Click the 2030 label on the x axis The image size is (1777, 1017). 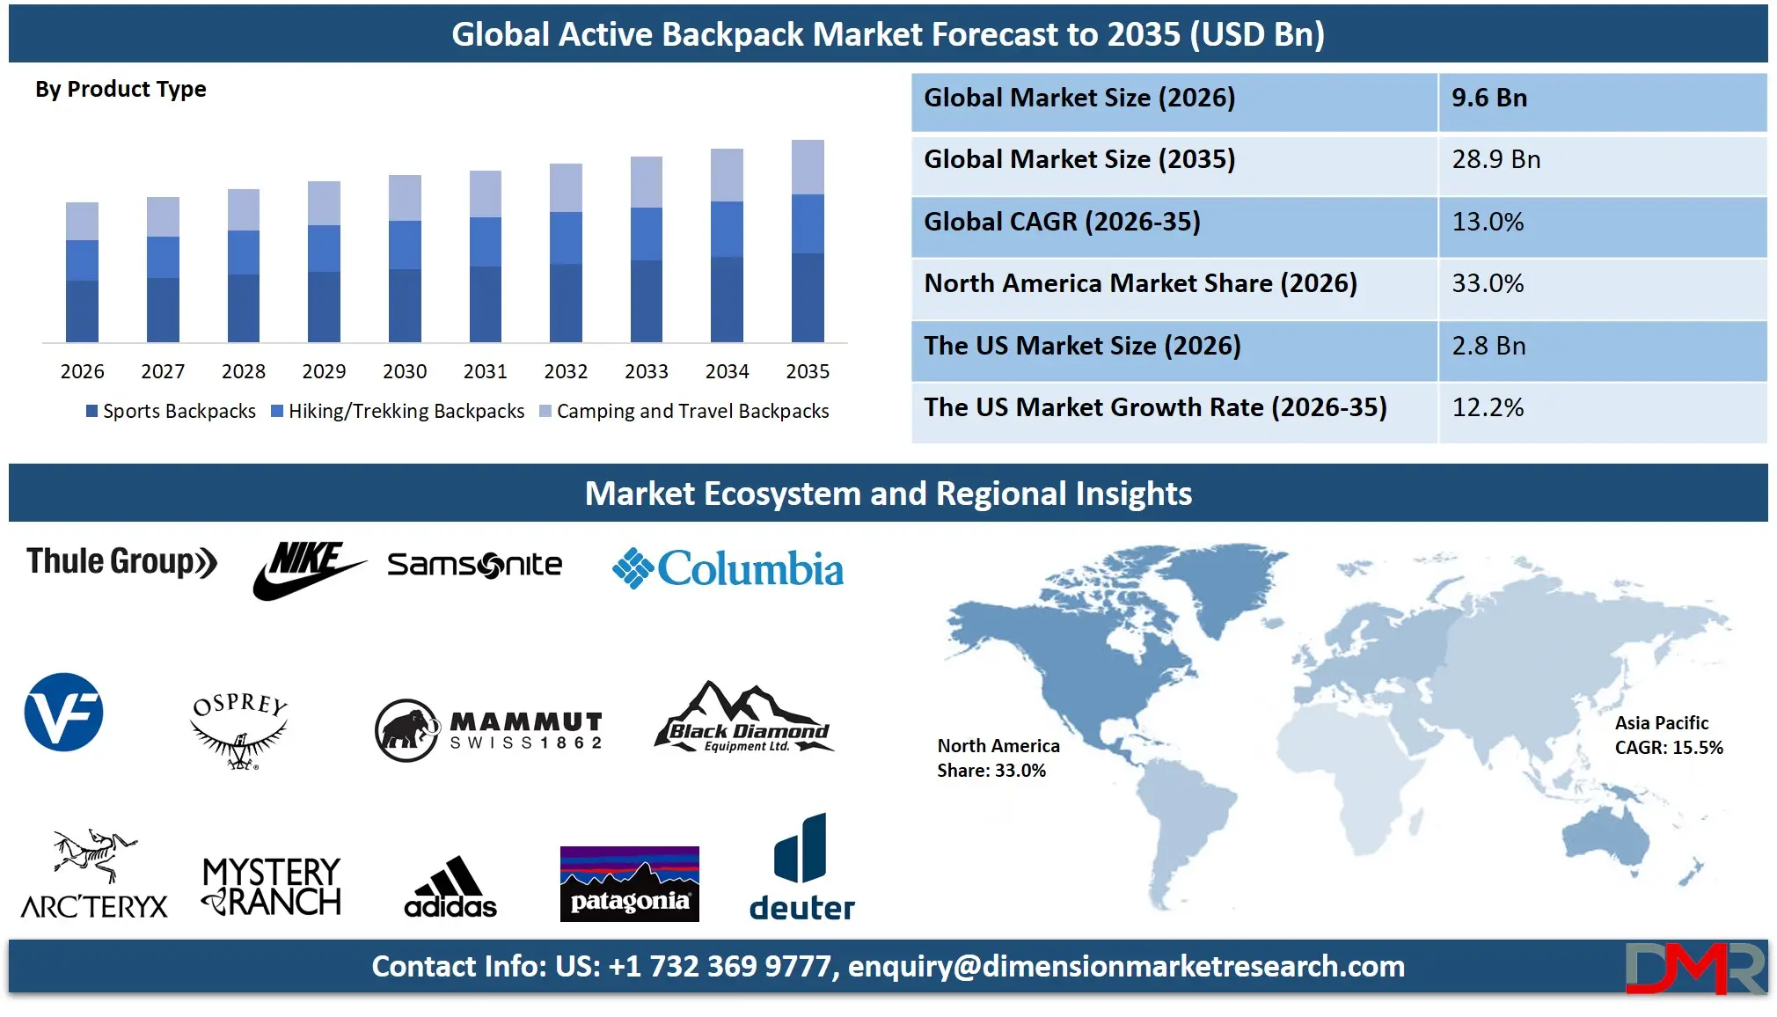[x=405, y=371]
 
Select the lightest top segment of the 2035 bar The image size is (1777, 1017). [x=808, y=167]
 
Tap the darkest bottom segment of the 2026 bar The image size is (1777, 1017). [x=82, y=311]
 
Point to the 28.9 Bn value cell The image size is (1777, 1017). [x=1495, y=160]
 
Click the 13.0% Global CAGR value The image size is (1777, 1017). [x=1488, y=222]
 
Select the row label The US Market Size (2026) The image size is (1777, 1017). [x=1082, y=346]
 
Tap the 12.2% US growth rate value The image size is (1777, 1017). [x=1488, y=407]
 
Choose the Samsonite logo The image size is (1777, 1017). [x=474, y=565]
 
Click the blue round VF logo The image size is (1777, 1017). [x=63, y=713]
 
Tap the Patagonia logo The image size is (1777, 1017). [x=629, y=883]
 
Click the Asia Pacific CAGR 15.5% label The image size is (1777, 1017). [x=1668, y=735]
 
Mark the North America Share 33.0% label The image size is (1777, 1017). [x=998, y=758]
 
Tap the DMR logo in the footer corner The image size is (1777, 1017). [x=1694, y=968]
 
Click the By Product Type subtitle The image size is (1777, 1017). [x=121, y=90]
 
